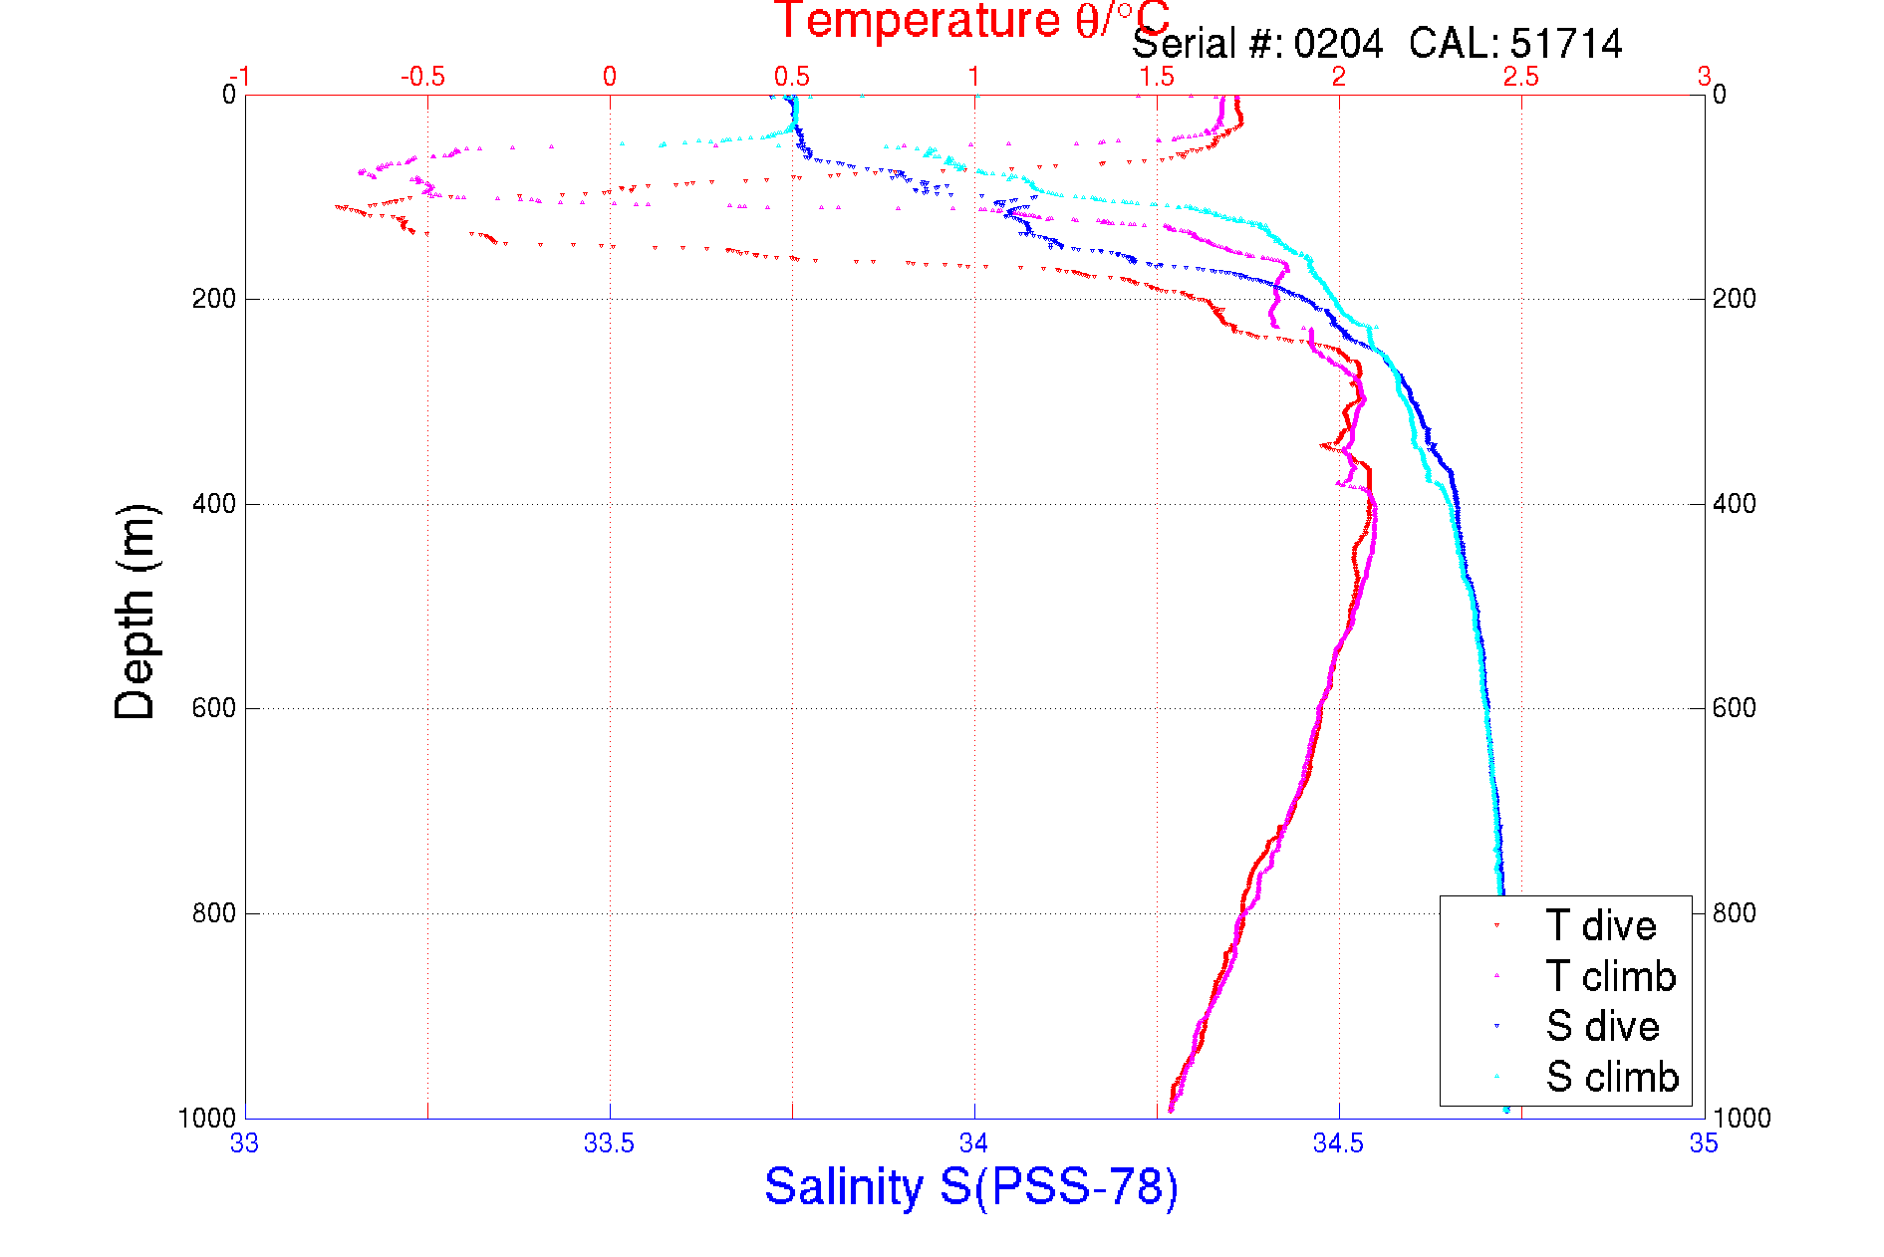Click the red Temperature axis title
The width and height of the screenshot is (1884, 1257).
pyautogui.click(x=971, y=21)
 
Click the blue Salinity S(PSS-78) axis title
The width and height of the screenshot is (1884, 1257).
pyautogui.click(x=971, y=1187)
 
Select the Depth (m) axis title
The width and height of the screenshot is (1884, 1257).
pyautogui.click(x=135, y=612)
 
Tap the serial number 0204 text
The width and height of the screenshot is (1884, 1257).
pyautogui.click(x=1338, y=44)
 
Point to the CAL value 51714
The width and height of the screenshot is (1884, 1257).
pyautogui.click(x=1566, y=44)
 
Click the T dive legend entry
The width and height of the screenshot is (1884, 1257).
pyautogui.click(x=1600, y=926)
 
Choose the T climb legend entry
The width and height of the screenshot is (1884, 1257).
pyautogui.click(x=1610, y=976)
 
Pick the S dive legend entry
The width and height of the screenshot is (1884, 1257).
pyautogui.click(x=1602, y=1026)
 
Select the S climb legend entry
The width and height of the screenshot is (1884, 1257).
pyautogui.click(x=1612, y=1077)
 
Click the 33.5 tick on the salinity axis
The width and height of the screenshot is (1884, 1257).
pyautogui.click(x=609, y=1144)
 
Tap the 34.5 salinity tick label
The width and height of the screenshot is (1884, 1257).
pyautogui.click(x=1338, y=1144)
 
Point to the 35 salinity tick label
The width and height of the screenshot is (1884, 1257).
pyautogui.click(x=1704, y=1144)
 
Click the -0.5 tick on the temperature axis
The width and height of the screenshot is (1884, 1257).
pyautogui.click(x=422, y=77)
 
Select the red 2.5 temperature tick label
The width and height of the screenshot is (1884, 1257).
pyautogui.click(x=1521, y=77)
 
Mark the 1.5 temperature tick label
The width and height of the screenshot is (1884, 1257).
pyautogui.click(x=1157, y=77)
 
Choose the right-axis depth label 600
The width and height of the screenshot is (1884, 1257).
pyautogui.click(x=1735, y=708)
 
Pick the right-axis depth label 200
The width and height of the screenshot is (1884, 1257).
pyautogui.click(x=1735, y=299)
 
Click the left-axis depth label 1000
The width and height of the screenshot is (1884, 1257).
pyautogui.click(x=207, y=1119)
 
